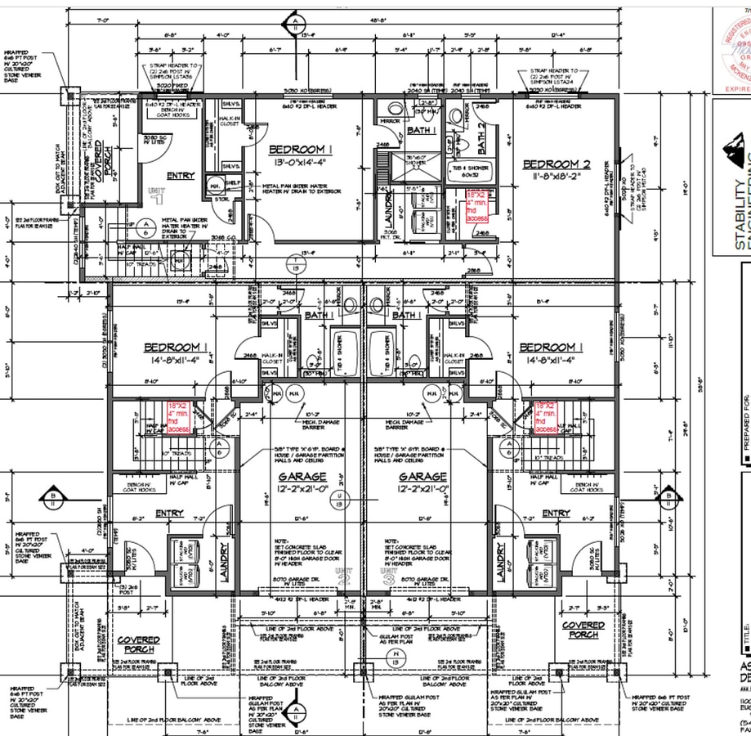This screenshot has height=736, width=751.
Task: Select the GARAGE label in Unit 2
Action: (x=302, y=476)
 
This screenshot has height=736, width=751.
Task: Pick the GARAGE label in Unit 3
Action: (x=422, y=476)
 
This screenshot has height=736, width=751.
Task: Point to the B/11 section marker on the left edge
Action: (x=53, y=496)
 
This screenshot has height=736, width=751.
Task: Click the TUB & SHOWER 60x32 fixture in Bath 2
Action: (x=467, y=170)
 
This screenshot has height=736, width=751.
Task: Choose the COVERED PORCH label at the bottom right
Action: (x=583, y=630)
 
